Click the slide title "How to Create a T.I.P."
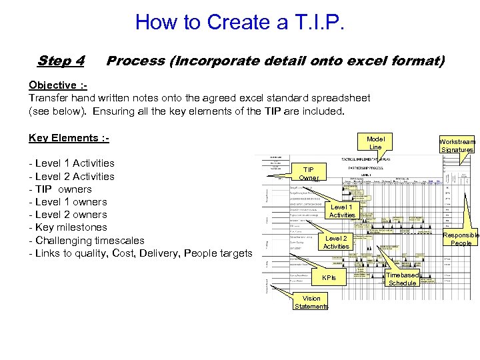pyautogui.click(x=240, y=22)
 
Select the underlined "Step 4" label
pyautogui.click(x=61, y=61)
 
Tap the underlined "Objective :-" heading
pyautogui.click(x=57, y=85)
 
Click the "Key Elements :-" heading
pyautogui.click(x=69, y=138)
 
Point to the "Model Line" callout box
pyautogui.click(x=375, y=142)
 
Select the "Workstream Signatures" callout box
pyautogui.click(x=457, y=145)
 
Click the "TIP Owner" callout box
pyautogui.click(x=308, y=173)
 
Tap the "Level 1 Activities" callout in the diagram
pyautogui.click(x=342, y=211)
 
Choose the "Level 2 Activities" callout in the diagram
pyautogui.click(x=335, y=242)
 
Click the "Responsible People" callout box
pyautogui.click(x=461, y=239)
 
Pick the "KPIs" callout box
pyautogui.click(x=329, y=277)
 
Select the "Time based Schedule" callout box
pyautogui.click(x=402, y=279)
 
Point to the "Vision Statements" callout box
pyautogui.click(x=311, y=302)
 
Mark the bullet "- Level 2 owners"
pyautogui.click(x=68, y=215)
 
